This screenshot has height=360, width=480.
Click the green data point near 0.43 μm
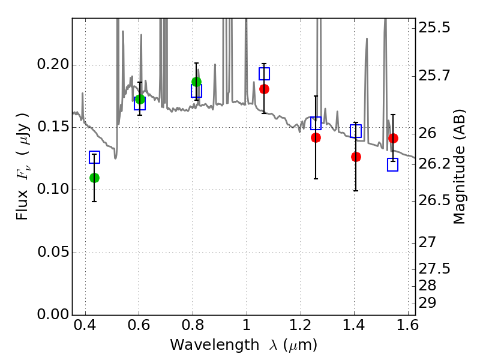(x=95, y=178)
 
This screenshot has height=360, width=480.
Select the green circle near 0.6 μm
(x=140, y=99)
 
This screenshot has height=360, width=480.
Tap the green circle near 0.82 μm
(x=197, y=82)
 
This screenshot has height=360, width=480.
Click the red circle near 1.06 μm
(x=264, y=89)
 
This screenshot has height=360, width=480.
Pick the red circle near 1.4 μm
(x=356, y=157)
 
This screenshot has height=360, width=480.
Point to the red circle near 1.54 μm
(x=394, y=139)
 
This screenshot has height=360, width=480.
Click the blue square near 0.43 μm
(x=95, y=157)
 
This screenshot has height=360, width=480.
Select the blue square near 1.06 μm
(x=264, y=74)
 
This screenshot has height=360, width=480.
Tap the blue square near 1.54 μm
(x=393, y=164)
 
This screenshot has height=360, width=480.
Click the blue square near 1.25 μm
(x=316, y=123)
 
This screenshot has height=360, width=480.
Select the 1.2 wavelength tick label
(x=301, y=325)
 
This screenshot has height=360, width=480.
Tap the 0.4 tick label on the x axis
(x=85, y=325)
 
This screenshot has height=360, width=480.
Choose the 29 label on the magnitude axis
(x=427, y=303)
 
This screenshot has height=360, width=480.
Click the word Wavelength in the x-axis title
(x=215, y=345)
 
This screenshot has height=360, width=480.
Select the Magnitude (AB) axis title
(x=458, y=167)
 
